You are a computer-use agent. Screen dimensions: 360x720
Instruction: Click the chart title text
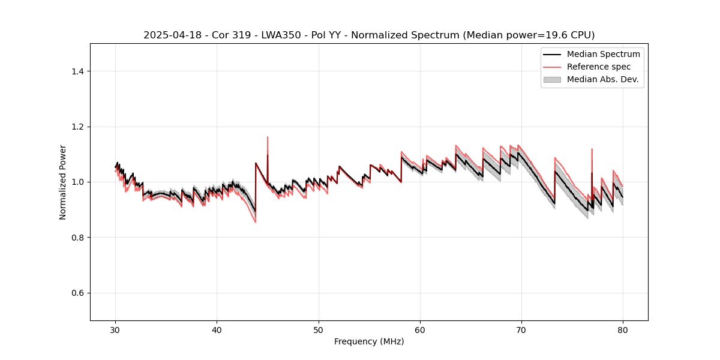tap(369, 35)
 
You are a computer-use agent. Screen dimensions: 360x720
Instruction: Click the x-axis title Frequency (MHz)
tap(369, 341)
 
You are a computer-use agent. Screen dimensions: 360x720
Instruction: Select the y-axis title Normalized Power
tap(63, 182)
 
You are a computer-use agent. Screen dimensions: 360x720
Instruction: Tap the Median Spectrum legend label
tap(603, 54)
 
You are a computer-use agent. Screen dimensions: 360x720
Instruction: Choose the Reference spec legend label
tap(599, 67)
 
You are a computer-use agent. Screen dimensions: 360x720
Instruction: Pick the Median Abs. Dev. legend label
tap(603, 79)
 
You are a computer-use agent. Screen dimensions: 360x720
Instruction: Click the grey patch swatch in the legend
tap(552, 79)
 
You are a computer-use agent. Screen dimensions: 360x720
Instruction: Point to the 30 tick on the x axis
tap(116, 329)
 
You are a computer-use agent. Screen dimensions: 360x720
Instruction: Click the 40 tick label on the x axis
tap(217, 329)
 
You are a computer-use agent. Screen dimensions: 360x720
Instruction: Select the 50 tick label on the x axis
tap(319, 329)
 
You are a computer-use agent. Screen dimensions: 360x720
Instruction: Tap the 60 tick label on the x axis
tap(420, 329)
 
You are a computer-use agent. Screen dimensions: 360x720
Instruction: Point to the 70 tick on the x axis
tap(521, 329)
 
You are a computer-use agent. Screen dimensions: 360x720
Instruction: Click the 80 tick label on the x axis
tap(623, 329)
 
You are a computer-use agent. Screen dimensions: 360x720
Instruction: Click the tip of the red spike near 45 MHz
tap(268, 137)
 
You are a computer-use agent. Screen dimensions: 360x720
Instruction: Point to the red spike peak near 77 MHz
tap(592, 149)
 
